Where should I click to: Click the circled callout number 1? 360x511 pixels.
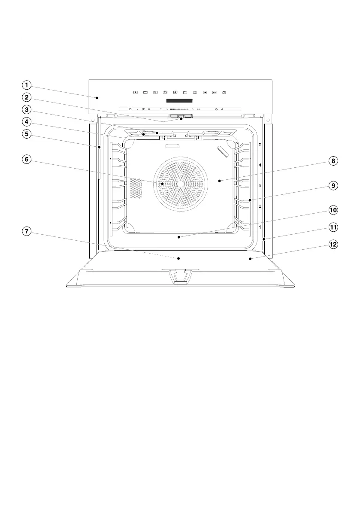(27, 85)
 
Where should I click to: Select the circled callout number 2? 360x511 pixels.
(27, 97)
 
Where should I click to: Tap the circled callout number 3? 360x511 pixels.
(27, 109)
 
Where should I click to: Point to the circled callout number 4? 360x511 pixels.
(27, 121)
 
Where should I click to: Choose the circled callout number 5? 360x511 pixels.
(27, 134)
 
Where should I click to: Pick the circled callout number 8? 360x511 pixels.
(333, 161)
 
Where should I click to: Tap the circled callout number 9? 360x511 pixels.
(333, 186)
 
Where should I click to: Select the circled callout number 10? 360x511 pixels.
(333, 210)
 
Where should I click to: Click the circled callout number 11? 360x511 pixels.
(333, 227)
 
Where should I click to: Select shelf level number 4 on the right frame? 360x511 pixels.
(260, 165)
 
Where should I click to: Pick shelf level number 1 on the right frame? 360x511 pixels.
(260, 226)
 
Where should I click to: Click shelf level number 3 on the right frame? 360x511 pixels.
(260, 186)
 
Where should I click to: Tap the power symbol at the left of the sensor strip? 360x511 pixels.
(130, 109)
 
